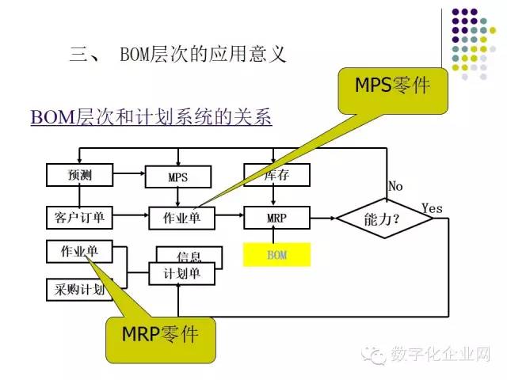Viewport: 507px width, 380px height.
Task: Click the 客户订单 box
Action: point(80,217)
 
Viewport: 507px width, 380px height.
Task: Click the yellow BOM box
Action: point(276,255)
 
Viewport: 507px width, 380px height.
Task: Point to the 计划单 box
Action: point(181,274)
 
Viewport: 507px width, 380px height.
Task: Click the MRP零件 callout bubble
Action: point(159,335)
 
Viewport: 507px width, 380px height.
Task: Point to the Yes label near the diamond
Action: point(432,208)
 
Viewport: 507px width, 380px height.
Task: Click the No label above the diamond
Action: point(395,186)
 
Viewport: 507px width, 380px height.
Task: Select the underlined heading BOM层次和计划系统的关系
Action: point(151,118)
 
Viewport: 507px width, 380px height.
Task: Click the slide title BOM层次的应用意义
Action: point(201,55)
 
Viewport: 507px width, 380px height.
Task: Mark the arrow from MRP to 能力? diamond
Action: point(322,217)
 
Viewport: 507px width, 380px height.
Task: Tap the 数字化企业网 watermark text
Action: point(440,355)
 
